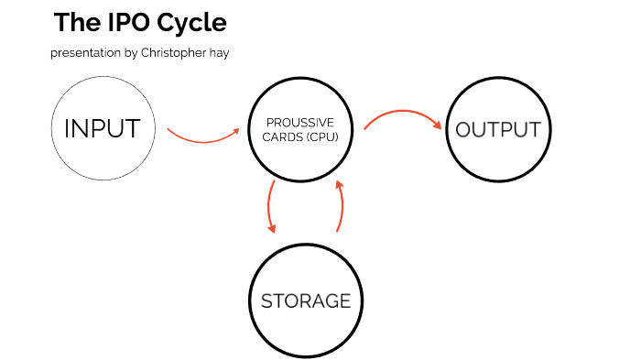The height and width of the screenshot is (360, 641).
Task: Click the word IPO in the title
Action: click(119, 22)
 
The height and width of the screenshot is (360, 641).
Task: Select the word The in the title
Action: click(71, 22)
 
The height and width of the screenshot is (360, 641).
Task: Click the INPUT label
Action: click(102, 129)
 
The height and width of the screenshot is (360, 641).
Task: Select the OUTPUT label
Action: click(498, 129)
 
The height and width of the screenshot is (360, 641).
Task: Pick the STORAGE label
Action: click(307, 300)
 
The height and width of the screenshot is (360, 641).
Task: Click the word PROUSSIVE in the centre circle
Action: click(300, 123)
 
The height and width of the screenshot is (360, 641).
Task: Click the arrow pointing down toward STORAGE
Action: click(271, 206)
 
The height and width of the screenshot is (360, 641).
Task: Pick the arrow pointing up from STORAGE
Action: click(341, 206)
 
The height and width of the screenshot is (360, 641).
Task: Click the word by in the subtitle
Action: click(131, 53)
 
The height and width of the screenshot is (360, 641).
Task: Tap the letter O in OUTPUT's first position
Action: click(464, 129)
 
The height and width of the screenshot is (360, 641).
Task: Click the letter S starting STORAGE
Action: click(267, 300)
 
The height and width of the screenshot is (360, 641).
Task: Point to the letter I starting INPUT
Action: click(67, 129)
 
